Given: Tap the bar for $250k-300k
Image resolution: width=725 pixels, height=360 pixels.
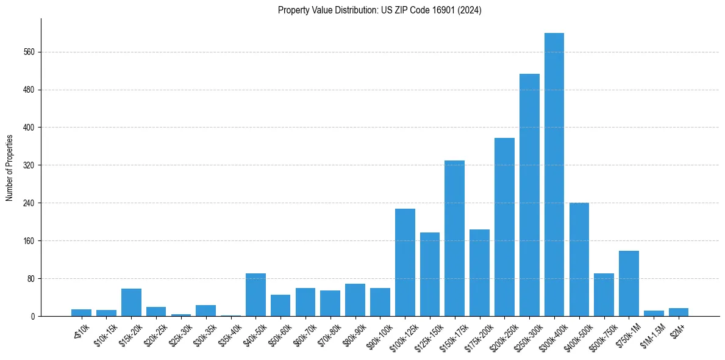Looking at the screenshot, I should (529, 195).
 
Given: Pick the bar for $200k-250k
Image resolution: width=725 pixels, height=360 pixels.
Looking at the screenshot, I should (504, 227).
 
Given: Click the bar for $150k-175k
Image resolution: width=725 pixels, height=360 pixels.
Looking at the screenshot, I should (454, 238).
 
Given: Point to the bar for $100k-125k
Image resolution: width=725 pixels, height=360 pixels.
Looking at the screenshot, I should (405, 262).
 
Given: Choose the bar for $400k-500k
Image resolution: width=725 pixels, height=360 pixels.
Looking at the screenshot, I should (579, 259).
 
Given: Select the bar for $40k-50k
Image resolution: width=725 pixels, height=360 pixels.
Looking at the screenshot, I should (255, 295).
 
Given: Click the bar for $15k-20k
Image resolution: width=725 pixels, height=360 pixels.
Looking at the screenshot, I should (131, 302).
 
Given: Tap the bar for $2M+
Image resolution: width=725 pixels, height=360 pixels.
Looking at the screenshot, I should (678, 312).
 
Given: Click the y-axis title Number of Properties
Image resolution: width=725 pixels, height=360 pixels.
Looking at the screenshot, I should (10, 167).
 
